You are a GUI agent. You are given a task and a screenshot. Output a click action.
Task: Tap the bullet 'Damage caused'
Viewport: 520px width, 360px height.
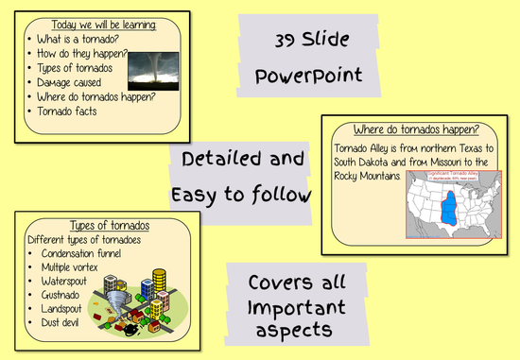(72, 82)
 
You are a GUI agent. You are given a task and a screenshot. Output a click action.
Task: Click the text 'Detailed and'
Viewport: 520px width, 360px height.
(242, 159)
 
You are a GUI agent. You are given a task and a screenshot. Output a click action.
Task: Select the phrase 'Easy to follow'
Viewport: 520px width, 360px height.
(242, 195)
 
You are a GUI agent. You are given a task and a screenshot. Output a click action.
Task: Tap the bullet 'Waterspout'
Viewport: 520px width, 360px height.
(69, 281)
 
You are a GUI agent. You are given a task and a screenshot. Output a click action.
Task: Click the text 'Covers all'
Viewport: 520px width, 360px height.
(296, 283)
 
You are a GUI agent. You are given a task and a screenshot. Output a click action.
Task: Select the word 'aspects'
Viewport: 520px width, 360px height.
(296, 329)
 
